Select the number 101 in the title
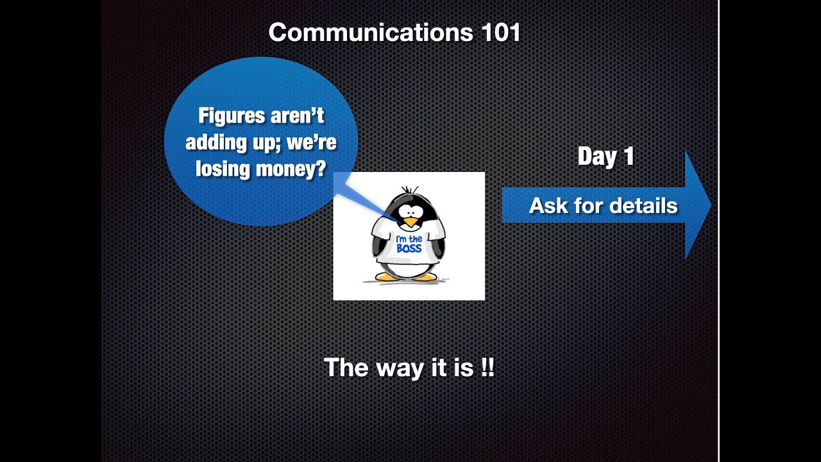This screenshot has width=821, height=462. [500, 33]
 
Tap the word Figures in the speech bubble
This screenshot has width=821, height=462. [230, 116]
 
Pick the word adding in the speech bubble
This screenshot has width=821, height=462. [212, 142]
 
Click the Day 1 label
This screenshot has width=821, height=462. [605, 157]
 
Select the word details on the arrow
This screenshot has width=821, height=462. [643, 206]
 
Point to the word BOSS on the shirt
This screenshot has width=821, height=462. [409, 248]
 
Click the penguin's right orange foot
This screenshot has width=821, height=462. [424, 277]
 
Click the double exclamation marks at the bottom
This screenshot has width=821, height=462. [487, 368]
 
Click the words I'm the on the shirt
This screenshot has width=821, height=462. [409, 238]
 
